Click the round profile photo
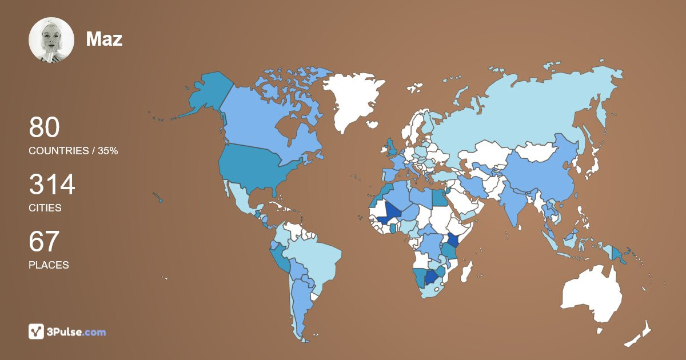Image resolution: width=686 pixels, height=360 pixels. [x=51, y=40]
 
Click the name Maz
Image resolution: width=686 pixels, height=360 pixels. [x=104, y=39]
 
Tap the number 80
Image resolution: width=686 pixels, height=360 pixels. [x=44, y=127]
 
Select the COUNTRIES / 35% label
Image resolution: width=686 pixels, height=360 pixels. [x=73, y=151]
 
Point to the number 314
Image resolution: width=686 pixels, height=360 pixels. [x=52, y=185]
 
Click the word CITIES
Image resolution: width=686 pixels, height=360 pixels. [x=45, y=208]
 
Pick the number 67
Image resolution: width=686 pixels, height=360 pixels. [x=44, y=242]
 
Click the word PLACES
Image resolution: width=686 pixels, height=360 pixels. [x=49, y=265]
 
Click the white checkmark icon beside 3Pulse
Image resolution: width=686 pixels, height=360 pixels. [x=37, y=331]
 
